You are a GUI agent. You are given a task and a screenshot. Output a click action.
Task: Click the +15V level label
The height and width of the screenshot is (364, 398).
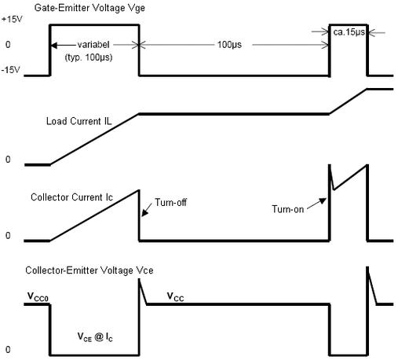click(x=12, y=20)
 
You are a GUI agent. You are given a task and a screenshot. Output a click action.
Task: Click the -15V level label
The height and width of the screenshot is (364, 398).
click(x=11, y=70)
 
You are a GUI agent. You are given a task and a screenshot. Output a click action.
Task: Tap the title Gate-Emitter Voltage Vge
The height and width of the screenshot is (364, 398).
click(x=89, y=8)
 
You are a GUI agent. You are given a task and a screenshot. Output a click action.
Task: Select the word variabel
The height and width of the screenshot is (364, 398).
click(x=93, y=45)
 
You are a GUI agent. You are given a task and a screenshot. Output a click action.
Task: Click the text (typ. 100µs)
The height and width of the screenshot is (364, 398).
click(x=89, y=57)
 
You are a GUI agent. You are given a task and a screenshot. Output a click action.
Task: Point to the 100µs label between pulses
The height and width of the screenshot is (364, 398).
click(x=229, y=45)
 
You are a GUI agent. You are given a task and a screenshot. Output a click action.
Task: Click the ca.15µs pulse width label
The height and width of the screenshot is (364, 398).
click(x=349, y=32)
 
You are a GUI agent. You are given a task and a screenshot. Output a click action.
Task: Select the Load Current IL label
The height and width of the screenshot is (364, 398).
click(x=79, y=121)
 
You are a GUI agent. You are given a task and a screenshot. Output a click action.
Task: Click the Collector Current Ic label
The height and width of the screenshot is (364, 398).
click(x=71, y=197)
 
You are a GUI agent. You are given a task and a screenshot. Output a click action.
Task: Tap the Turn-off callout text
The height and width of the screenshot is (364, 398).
click(x=170, y=202)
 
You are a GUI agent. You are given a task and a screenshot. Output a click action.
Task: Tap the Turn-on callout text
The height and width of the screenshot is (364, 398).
click(x=287, y=209)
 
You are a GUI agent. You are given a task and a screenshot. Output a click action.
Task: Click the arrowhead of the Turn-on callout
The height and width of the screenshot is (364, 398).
click(x=323, y=200)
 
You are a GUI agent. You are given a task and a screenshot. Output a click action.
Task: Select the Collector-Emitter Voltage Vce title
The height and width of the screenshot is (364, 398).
click(x=89, y=270)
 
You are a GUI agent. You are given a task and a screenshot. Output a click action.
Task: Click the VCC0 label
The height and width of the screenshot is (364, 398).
click(x=38, y=297)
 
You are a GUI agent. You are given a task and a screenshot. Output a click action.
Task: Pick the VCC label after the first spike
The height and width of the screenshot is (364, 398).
click(x=175, y=297)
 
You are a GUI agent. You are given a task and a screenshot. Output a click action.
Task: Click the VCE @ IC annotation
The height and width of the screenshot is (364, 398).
click(x=95, y=337)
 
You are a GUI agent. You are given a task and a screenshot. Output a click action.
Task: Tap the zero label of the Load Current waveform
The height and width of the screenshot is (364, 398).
click(x=8, y=160)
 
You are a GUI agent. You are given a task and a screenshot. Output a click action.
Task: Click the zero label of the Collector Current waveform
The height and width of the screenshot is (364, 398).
click(x=8, y=236)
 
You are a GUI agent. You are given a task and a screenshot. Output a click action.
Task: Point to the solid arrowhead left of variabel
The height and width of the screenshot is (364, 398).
click(x=53, y=46)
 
